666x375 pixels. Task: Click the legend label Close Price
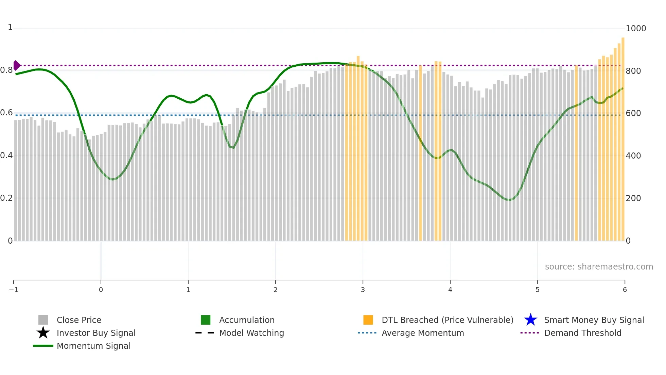79,320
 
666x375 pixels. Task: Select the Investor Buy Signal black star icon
43,333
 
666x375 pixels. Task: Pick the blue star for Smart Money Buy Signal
530,320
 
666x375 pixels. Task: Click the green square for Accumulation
206,320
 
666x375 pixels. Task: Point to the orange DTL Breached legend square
368,320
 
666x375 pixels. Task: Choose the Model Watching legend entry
251,333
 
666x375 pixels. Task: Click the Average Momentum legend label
423,333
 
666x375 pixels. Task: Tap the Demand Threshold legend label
582,333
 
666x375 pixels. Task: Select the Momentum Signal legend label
93,346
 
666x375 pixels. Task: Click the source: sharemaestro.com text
599,267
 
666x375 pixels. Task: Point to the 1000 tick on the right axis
636,29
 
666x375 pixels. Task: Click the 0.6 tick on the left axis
6,113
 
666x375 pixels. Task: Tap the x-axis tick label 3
363,290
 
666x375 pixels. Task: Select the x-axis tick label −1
14,290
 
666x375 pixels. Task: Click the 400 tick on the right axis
633,156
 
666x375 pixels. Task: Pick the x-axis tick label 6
625,290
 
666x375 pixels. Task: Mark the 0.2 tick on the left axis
6,198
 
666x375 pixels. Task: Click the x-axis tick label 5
538,290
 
